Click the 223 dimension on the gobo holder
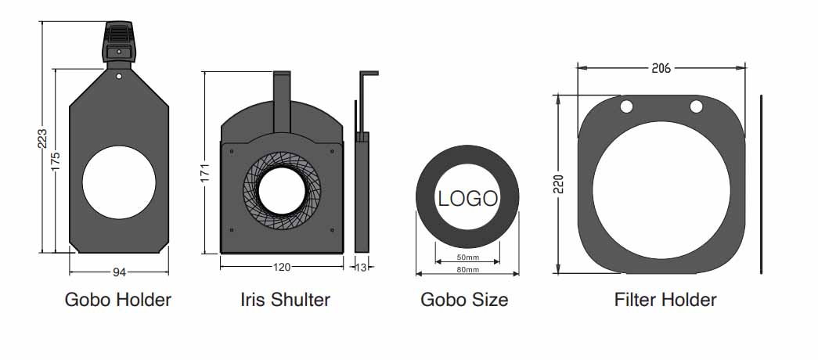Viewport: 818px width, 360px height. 43,139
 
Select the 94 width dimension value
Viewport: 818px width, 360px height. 120,272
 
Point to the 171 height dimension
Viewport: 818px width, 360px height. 205,173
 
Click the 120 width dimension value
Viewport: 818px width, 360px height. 282,267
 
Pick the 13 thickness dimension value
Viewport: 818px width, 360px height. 361,267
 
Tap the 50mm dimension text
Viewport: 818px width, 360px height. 467,257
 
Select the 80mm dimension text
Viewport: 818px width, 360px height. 467,270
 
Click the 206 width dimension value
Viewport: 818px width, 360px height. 661,68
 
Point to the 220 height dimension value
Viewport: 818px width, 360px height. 559,185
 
